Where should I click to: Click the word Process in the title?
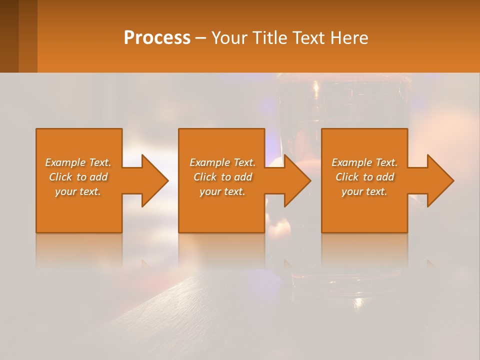pyautogui.click(x=157, y=38)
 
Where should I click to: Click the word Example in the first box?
pyautogui.click(x=65, y=162)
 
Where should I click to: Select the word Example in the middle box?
pyautogui.click(x=209, y=162)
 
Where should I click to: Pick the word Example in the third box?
pyautogui.click(x=351, y=162)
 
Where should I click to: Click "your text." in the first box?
pyautogui.click(x=78, y=191)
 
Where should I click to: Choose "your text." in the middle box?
pyautogui.click(x=222, y=191)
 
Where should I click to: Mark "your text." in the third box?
pyautogui.click(x=364, y=191)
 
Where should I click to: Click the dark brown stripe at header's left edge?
pyautogui.click(x=9, y=36)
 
